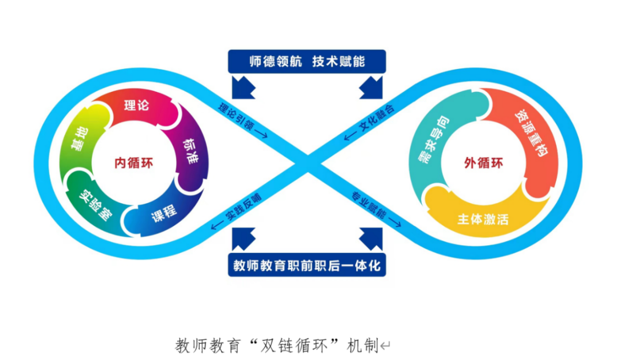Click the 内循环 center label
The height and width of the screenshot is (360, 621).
pyautogui.click(x=133, y=163)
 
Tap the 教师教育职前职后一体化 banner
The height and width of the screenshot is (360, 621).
pyautogui.click(x=306, y=266)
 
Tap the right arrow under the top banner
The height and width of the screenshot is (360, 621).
pyautogui.click(x=371, y=86)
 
